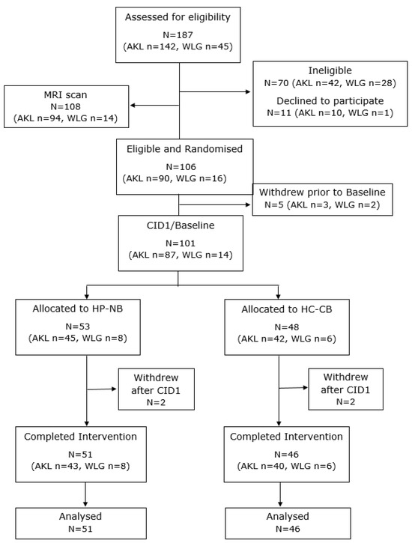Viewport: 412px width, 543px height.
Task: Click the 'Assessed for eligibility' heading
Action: point(178,17)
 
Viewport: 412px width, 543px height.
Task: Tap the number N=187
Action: point(178,34)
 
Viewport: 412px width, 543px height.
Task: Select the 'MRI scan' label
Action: point(65,94)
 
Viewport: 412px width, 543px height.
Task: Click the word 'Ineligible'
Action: point(330,70)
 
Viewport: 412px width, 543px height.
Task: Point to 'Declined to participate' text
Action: point(330,101)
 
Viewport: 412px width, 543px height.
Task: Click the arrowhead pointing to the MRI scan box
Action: point(133,106)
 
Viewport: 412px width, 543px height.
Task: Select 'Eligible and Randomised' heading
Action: point(184,149)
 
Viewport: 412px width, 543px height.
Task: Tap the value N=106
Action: point(181,166)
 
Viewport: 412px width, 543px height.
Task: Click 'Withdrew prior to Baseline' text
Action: point(322,192)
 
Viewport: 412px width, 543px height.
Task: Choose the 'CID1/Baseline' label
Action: point(181,225)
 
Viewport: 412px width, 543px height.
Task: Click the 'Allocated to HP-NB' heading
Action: point(78,309)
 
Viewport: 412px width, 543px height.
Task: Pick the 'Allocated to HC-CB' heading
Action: point(287,309)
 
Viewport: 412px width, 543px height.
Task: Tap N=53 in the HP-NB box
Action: point(78,327)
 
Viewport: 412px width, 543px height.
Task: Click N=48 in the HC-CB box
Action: point(287,327)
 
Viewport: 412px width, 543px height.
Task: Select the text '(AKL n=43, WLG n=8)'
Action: point(80,466)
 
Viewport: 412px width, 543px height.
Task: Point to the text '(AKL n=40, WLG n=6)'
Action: point(286,466)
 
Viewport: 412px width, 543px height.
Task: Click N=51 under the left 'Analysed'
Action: point(80,529)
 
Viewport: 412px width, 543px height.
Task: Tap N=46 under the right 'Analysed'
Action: point(288,529)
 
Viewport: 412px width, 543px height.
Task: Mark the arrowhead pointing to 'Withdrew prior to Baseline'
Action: point(248,204)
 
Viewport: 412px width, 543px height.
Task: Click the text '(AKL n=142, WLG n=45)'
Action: point(178,46)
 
